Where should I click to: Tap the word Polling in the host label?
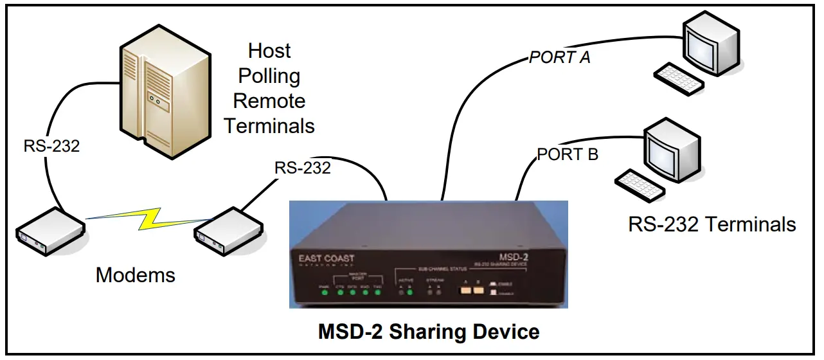coord(269,76)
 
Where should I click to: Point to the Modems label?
coord(136,275)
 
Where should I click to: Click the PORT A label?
coord(559,57)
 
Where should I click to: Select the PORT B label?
coord(568,154)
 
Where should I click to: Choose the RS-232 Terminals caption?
coord(712,224)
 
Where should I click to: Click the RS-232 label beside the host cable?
coord(52,147)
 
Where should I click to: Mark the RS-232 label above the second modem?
coord(303,168)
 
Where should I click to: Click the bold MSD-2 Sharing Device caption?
coord(429,332)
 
